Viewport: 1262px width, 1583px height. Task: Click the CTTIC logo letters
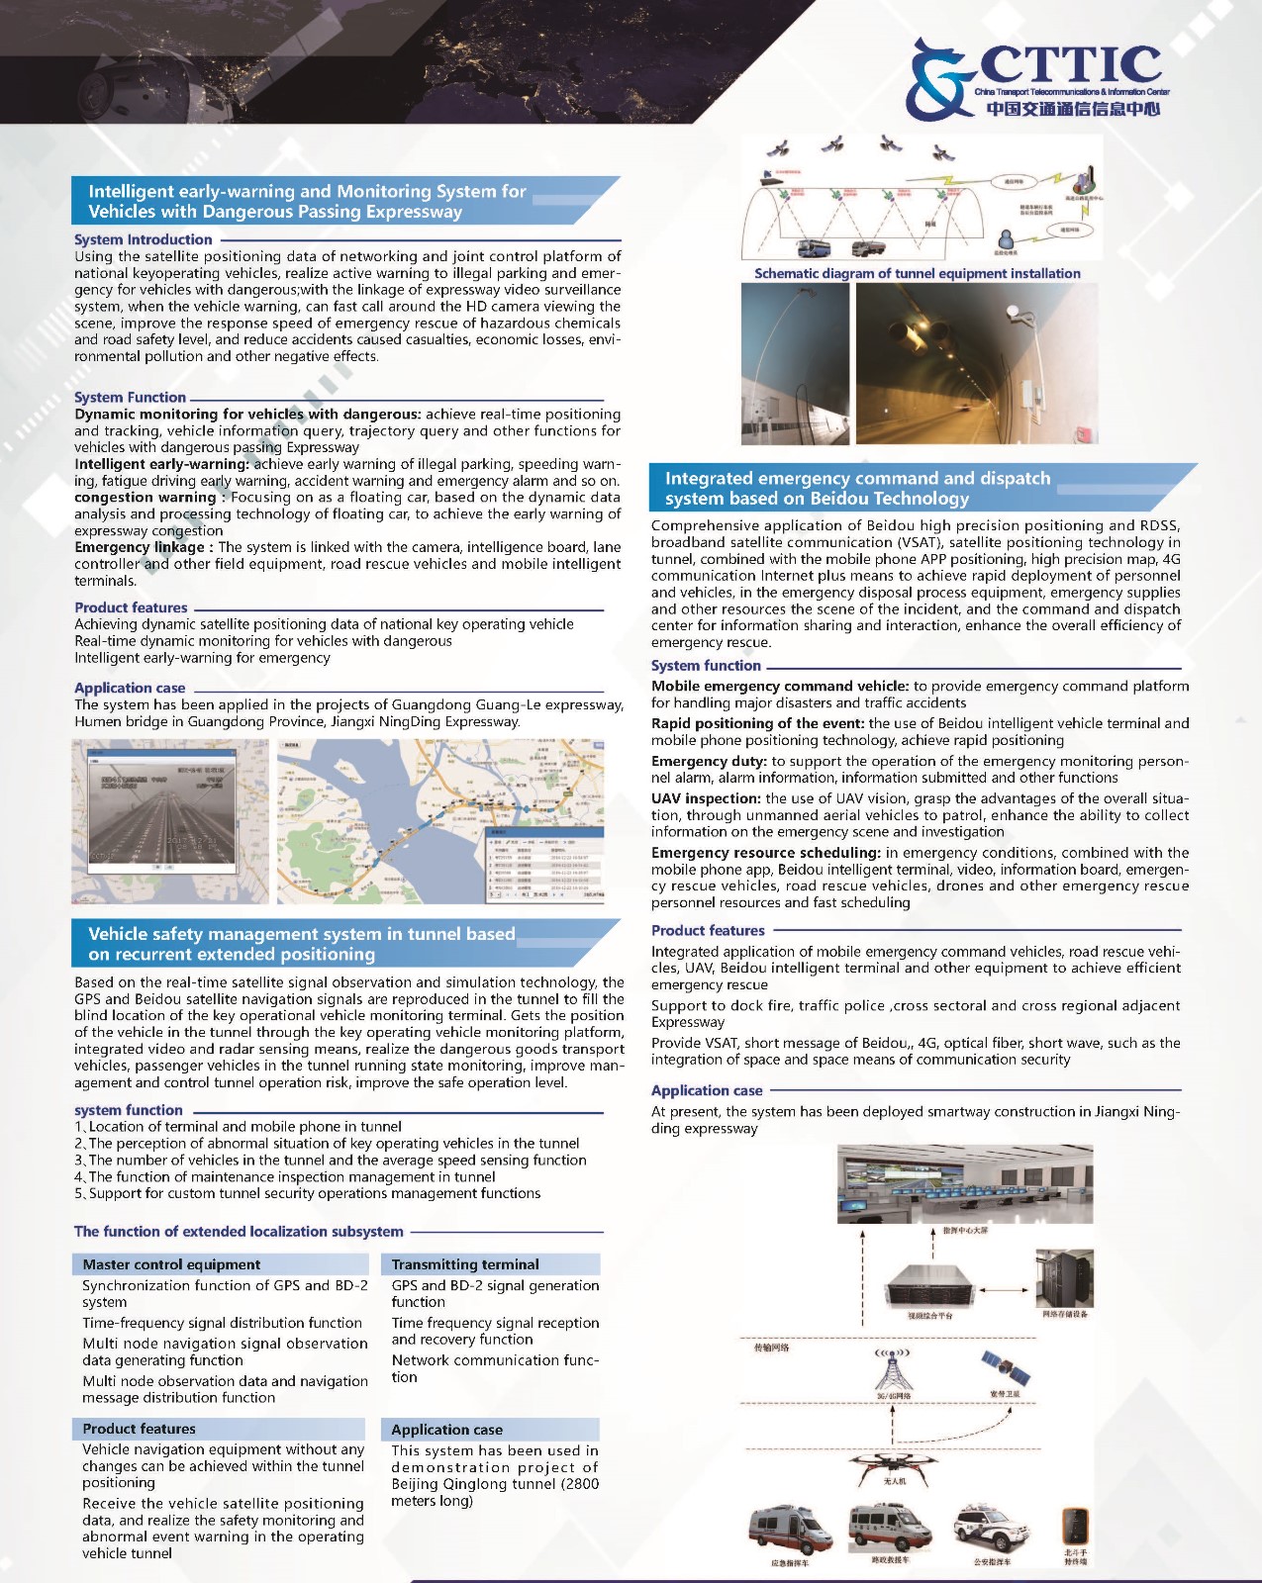pos(1069,65)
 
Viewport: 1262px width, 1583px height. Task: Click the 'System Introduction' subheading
pos(143,239)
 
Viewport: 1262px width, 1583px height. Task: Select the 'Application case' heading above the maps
pos(130,688)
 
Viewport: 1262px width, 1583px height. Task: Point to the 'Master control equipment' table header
pos(171,1264)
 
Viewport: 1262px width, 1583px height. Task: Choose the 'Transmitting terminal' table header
pos(465,1264)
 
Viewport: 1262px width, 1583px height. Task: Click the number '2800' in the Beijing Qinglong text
pos(573,1484)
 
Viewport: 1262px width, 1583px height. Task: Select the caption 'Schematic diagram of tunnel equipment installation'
pos(917,274)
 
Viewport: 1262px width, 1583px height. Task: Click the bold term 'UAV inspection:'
pos(706,798)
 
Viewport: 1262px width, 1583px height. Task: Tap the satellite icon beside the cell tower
pos(1006,1367)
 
